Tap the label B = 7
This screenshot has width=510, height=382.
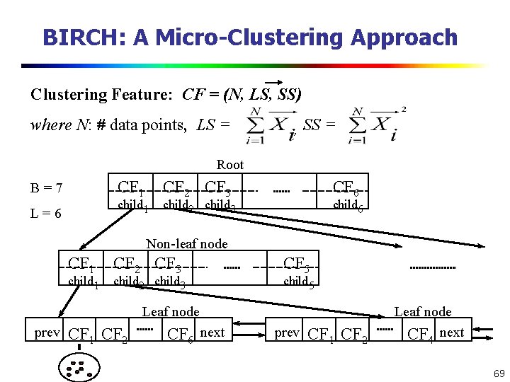point(47,188)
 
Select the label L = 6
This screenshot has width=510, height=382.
point(47,213)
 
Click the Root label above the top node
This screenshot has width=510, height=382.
point(229,165)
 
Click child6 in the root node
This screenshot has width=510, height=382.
point(348,206)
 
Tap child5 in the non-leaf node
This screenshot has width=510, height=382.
point(298,282)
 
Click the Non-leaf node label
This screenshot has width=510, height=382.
point(186,244)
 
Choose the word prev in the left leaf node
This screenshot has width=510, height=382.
point(47,332)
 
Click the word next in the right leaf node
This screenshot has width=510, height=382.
point(451,332)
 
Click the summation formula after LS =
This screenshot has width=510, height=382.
point(271,127)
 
